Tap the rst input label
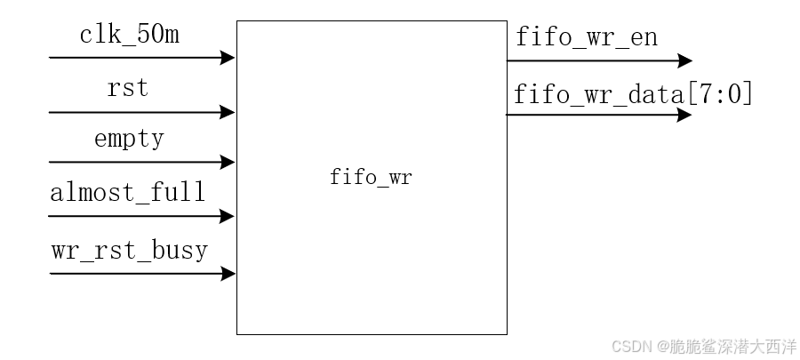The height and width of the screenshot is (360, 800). click(127, 90)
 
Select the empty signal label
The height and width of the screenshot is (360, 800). click(129, 140)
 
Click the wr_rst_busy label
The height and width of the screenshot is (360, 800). click(129, 250)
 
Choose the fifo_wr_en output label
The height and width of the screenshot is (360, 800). click(586, 38)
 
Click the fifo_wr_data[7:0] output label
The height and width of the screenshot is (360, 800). click(633, 93)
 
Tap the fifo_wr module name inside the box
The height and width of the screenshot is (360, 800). click(371, 177)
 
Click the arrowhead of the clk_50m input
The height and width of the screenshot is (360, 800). click(229, 58)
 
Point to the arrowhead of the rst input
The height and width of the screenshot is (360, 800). click(229, 113)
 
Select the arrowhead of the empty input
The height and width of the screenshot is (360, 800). click(229, 163)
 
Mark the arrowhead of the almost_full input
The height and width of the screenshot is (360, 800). click(229, 216)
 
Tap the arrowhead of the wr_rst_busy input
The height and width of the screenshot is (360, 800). click(229, 274)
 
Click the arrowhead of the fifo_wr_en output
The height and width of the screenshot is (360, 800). click(685, 61)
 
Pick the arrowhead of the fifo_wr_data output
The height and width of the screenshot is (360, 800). click(685, 115)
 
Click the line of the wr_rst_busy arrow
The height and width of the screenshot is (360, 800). click(133, 274)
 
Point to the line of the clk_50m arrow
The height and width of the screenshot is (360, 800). click(133, 58)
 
